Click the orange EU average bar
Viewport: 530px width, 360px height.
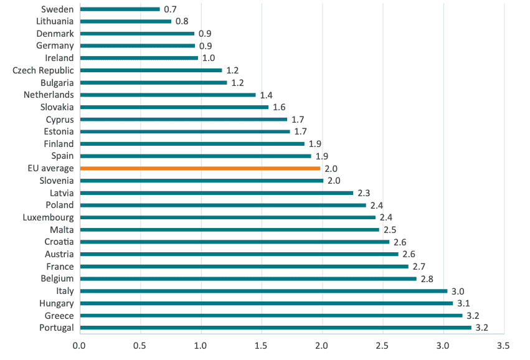point(200,168)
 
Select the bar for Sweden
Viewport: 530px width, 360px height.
point(120,9)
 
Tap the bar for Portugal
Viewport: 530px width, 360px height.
point(276,328)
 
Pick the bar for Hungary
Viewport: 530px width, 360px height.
point(267,303)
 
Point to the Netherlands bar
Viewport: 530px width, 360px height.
point(168,95)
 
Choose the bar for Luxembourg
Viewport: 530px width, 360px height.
point(228,217)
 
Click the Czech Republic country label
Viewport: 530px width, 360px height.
point(43,70)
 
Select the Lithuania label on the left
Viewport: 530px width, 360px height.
point(55,21)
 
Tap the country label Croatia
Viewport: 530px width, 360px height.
point(59,242)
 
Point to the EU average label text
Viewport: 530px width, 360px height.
point(50,168)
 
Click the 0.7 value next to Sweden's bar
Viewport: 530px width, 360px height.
point(170,9)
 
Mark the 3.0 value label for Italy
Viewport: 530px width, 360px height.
point(458,291)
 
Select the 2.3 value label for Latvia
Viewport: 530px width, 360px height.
point(364,193)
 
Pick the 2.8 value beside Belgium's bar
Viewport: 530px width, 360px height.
point(427,279)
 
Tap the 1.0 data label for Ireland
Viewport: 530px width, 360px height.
point(209,59)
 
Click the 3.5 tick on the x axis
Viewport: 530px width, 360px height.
point(503,345)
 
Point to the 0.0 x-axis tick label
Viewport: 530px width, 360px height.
point(79,345)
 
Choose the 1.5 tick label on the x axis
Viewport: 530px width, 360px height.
point(261,345)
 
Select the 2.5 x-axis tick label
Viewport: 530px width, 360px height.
point(382,345)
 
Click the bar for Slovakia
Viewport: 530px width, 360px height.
point(174,107)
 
